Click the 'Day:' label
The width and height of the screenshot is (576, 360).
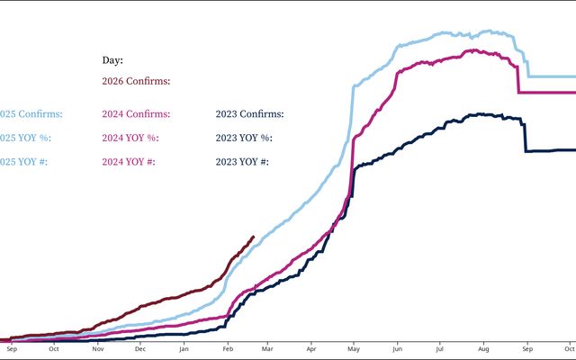(x=112, y=60)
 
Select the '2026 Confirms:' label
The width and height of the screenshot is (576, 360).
(x=136, y=81)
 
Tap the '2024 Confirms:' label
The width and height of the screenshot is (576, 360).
(x=136, y=114)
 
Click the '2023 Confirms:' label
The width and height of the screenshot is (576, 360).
(x=249, y=114)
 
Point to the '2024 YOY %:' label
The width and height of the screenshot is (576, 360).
(x=130, y=138)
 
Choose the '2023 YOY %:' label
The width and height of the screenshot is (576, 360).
(x=244, y=138)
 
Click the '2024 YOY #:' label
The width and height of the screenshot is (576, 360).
(x=130, y=162)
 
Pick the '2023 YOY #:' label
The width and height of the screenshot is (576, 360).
(x=243, y=162)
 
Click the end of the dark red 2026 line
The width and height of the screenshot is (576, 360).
(x=253, y=237)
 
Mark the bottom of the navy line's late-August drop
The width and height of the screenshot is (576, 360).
(x=526, y=150)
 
